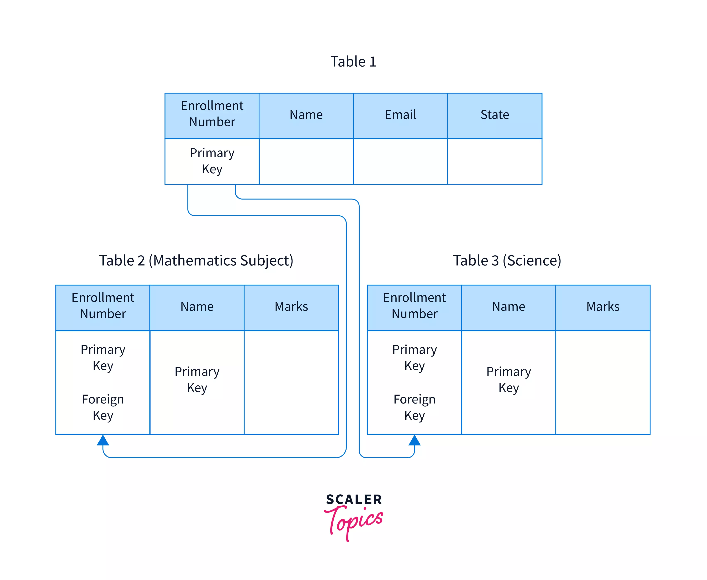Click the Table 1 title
click(353, 62)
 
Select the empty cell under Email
click(400, 161)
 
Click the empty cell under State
click(495, 161)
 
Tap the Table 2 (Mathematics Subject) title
click(196, 261)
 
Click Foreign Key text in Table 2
click(103, 407)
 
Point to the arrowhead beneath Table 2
click(103, 440)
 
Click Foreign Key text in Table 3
click(414, 407)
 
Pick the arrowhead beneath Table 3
click(414, 440)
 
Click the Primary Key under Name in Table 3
click(508, 380)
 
